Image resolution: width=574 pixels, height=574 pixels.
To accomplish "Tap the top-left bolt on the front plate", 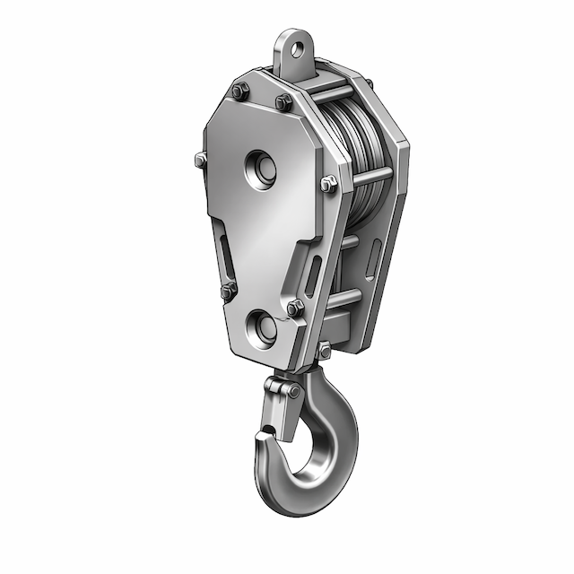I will pyautogui.click(x=238, y=91).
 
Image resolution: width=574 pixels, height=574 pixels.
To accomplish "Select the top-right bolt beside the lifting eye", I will pyautogui.click(x=283, y=101).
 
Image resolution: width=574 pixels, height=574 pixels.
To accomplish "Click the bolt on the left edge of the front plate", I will pyautogui.click(x=199, y=161).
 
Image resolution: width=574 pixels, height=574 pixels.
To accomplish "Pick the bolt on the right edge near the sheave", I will pyautogui.click(x=329, y=184).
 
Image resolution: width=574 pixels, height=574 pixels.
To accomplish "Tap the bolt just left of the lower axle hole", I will pyautogui.click(x=227, y=290).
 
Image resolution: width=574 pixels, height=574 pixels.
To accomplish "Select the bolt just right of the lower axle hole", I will pyautogui.click(x=294, y=308).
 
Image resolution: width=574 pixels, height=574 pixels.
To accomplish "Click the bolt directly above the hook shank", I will pyautogui.click(x=324, y=351).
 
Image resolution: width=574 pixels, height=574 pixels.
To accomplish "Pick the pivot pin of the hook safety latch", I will pyautogui.click(x=291, y=391).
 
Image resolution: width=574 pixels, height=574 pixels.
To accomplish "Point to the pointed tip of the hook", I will pyautogui.click(x=263, y=437).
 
